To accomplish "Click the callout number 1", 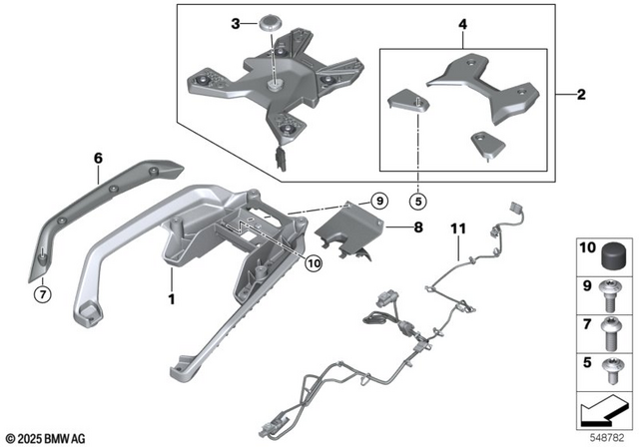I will click(171, 298).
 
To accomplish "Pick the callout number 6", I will click(98, 158).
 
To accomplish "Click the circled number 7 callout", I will click(42, 293).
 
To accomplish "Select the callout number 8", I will click(417, 227).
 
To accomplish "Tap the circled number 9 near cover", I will click(377, 202).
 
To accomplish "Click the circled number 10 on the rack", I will click(314, 264).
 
